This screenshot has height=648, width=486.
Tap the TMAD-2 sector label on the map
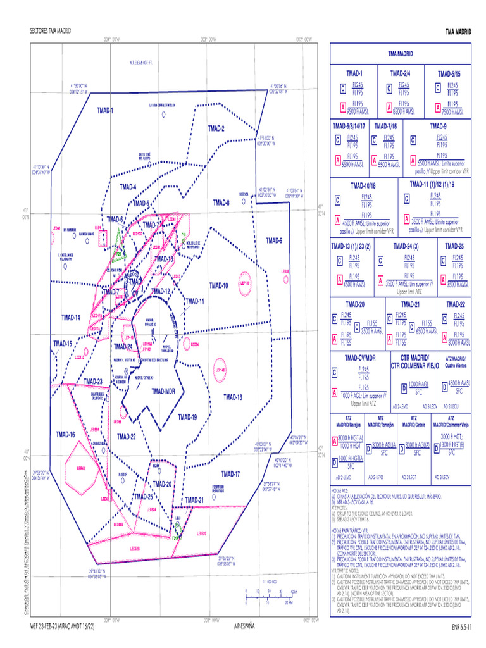click(x=216, y=128)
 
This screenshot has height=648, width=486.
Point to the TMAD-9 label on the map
click(x=274, y=240)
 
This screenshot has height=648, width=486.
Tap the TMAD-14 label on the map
click(x=70, y=317)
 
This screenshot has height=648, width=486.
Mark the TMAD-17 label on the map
click(x=230, y=474)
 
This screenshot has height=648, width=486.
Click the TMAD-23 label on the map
click(x=91, y=382)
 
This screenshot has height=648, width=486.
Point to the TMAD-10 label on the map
click(x=218, y=286)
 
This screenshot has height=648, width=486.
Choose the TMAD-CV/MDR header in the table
click(x=360, y=358)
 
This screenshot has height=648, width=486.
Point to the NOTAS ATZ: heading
click(x=340, y=490)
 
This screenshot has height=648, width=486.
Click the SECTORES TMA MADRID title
click(x=51, y=31)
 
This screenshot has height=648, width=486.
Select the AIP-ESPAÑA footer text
click(x=244, y=626)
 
